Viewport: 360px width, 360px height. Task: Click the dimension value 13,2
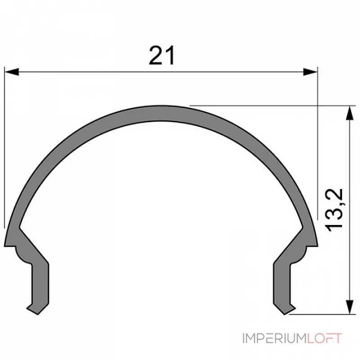(335, 211)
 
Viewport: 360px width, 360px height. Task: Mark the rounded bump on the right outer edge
(308, 250)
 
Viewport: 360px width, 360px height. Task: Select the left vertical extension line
(4, 148)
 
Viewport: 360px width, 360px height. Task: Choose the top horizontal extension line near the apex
(270, 106)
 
